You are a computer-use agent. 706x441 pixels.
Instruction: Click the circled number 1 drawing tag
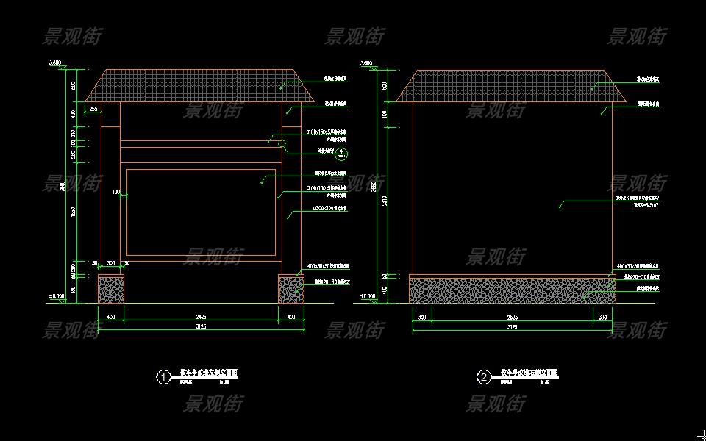click(x=163, y=378)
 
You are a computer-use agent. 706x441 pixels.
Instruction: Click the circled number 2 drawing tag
click(x=484, y=378)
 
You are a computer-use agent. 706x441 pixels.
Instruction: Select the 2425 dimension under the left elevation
click(x=201, y=317)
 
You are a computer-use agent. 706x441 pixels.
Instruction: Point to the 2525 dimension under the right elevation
click(x=513, y=317)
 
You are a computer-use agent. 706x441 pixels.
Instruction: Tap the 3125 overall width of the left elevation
click(x=201, y=326)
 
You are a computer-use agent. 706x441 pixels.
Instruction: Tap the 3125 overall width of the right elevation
click(x=513, y=326)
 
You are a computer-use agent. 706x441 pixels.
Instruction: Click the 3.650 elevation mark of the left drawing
click(x=55, y=63)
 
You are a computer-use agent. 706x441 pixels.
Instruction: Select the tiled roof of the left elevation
click(x=201, y=85)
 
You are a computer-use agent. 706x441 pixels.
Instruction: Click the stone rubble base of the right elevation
click(x=513, y=290)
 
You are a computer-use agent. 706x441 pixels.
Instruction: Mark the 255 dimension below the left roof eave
click(x=93, y=109)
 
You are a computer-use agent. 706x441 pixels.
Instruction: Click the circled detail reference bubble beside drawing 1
click(x=340, y=154)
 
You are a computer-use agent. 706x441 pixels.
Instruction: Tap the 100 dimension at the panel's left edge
click(x=115, y=193)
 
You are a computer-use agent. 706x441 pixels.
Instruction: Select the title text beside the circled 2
click(x=529, y=373)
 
